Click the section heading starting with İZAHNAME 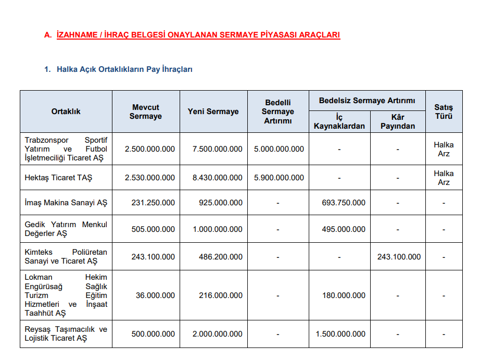click(x=198, y=35)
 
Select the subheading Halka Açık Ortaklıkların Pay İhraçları click(x=124, y=69)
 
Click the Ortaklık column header click(x=66, y=111)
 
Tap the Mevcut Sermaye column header click(x=146, y=111)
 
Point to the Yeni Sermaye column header click(x=213, y=111)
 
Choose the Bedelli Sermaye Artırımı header click(x=278, y=111)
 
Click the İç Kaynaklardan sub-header click(x=339, y=121)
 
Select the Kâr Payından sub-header click(x=398, y=121)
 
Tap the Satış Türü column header click(x=444, y=111)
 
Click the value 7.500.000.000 click(x=217, y=149)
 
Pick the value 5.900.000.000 click(x=279, y=178)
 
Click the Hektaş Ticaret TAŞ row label click(x=58, y=178)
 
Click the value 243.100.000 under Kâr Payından click(x=399, y=257)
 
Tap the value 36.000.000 click(x=155, y=295)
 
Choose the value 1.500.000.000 click(x=340, y=334)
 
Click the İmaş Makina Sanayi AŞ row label click(x=66, y=203)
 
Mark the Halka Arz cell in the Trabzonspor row click(x=444, y=149)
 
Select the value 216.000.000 click(x=220, y=295)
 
